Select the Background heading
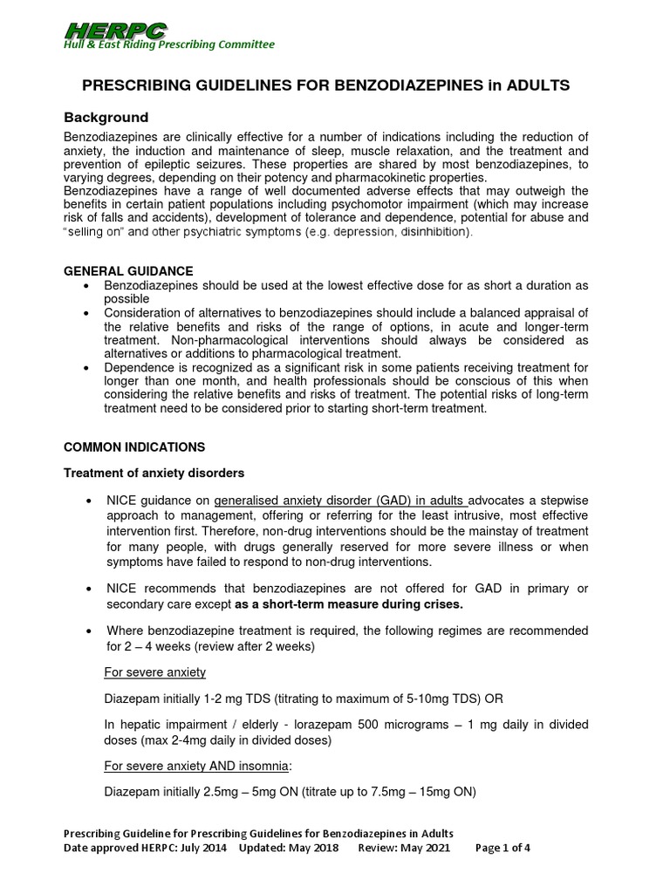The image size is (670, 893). click(x=106, y=118)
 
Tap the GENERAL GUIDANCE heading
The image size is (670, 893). click(x=129, y=271)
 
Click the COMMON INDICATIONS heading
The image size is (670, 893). click(x=134, y=446)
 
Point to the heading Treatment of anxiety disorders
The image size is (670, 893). click(x=154, y=473)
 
